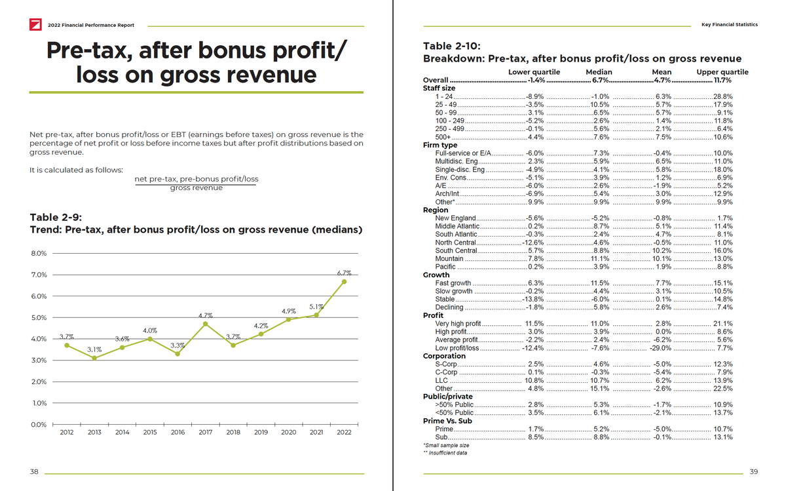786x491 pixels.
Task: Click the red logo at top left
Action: point(36,25)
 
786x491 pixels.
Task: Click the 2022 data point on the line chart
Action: point(344,282)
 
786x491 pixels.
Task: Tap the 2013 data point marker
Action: point(94,358)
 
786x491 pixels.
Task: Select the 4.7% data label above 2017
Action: point(206,316)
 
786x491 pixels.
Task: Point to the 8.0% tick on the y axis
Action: point(38,253)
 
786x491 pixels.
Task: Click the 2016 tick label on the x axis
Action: point(178,433)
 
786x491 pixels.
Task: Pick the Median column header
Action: point(599,72)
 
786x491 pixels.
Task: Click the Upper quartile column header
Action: point(722,72)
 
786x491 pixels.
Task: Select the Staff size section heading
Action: point(439,88)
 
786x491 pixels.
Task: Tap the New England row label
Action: point(455,218)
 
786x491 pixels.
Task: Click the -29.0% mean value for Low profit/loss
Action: point(662,348)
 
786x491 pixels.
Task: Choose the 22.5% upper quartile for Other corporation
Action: point(722,389)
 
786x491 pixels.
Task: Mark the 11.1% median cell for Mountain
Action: point(599,259)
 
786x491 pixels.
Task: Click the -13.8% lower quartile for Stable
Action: point(533,300)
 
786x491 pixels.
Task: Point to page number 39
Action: point(753,472)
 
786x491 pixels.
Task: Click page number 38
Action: point(34,472)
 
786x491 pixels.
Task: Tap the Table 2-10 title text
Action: point(452,46)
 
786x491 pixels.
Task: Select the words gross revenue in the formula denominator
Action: point(196,188)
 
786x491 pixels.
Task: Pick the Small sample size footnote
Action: point(446,445)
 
